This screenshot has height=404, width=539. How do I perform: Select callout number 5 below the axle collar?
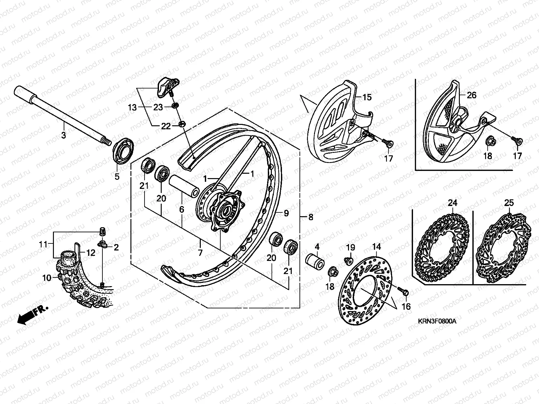tap(117, 176)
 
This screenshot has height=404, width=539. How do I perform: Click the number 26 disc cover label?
tap(472, 95)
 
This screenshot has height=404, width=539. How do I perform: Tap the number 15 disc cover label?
tap(367, 97)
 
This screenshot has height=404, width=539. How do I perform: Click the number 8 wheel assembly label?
tap(310, 217)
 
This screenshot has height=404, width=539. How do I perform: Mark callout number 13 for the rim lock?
tap(132, 107)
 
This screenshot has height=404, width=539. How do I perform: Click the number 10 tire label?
tap(46, 278)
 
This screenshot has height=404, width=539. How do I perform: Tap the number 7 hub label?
tap(200, 252)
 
